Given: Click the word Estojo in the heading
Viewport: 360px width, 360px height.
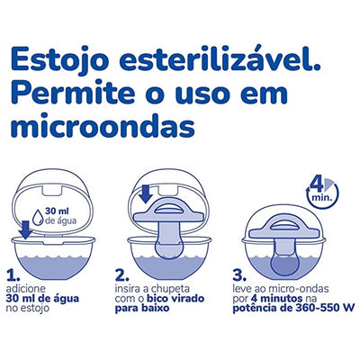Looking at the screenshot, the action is [x=59, y=60].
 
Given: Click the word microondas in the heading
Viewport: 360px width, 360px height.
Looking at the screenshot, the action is [x=103, y=124].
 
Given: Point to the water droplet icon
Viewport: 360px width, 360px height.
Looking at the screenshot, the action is [x=38, y=218].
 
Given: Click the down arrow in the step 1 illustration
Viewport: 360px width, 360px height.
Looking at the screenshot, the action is [x=25, y=230].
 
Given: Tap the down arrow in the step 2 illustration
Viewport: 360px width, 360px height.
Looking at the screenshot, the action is [x=147, y=194].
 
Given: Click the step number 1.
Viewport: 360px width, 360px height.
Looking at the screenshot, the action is [x=13, y=276].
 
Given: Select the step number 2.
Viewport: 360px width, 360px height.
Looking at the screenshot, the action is [x=121, y=276].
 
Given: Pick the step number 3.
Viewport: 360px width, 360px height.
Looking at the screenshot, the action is [x=239, y=276].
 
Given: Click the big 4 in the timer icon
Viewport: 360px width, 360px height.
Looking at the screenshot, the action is [x=317, y=186].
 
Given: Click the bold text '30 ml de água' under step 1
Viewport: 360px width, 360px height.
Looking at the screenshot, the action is [x=42, y=299].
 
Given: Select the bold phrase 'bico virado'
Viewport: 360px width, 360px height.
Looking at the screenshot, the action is [x=175, y=299].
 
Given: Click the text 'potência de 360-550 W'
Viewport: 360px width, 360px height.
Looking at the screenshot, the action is [x=293, y=308].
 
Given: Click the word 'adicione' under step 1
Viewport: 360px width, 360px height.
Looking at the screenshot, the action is [x=26, y=289].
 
